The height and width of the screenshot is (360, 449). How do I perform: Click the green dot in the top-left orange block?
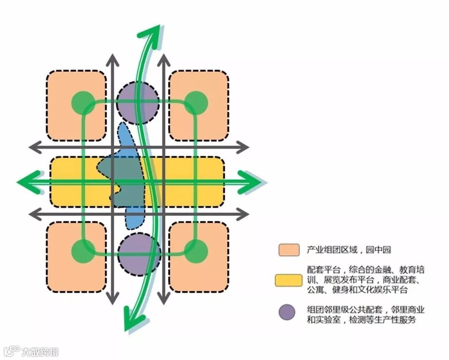[83, 102]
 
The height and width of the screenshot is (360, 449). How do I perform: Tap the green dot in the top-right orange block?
[196, 102]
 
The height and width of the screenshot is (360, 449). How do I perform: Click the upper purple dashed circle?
[138, 102]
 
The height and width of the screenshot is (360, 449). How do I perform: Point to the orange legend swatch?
[288, 250]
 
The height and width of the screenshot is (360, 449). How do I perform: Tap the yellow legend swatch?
[288, 280]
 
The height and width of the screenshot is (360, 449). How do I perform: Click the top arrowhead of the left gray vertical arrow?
[112, 59]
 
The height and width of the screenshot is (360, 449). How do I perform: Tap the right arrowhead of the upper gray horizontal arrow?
[244, 147]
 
